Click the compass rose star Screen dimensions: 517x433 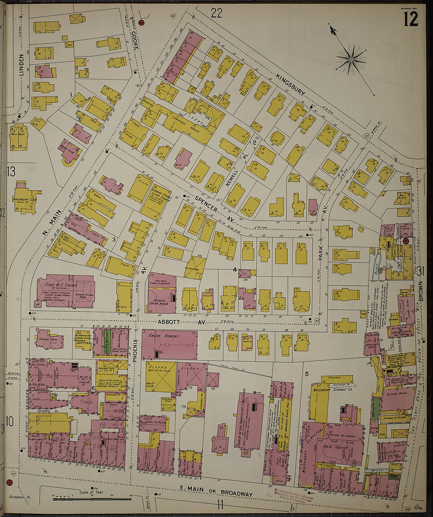(351, 60)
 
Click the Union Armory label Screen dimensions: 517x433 (163, 336)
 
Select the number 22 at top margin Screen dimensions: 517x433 (216, 13)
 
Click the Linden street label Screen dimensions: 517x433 (22, 65)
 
